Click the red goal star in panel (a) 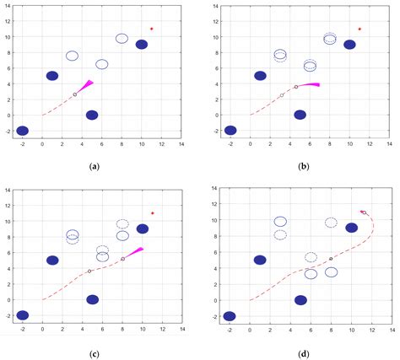tap(152, 29)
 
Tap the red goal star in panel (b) tap(359, 29)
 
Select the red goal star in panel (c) tap(153, 213)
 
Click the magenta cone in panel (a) tap(85, 86)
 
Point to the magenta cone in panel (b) tap(310, 84)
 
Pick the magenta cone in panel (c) tap(134, 253)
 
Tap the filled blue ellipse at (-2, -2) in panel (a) tap(23, 131)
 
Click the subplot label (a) tap(94, 166)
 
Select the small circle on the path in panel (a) tap(75, 94)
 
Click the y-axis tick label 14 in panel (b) tap(216, 6)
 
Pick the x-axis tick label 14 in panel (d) tap(392, 330)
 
